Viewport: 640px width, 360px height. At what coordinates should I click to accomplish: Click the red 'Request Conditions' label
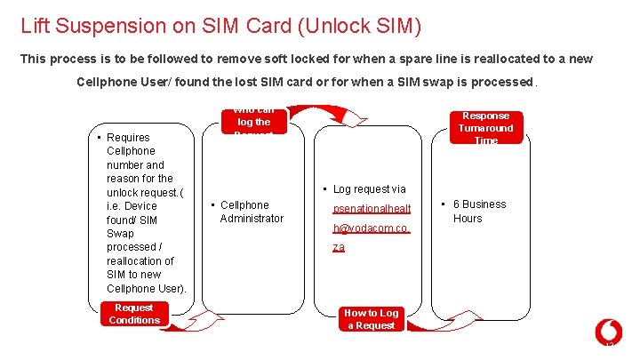pyautogui.click(x=134, y=314)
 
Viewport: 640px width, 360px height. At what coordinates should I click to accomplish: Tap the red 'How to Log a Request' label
pyautogui.click(x=371, y=319)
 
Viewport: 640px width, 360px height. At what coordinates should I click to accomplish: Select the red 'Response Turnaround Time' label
pyautogui.click(x=485, y=128)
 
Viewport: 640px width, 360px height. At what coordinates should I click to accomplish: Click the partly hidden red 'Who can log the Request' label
pyautogui.click(x=253, y=120)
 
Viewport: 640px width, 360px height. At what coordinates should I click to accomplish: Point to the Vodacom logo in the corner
pyautogui.click(x=608, y=332)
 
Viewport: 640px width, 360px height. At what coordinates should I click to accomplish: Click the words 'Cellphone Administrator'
pyautogui.click(x=252, y=212)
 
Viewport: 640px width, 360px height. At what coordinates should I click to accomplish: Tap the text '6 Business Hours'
pyautogui.click(x=479, y=211)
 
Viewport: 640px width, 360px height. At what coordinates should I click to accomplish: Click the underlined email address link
pyautogui.click(x=371, y=228)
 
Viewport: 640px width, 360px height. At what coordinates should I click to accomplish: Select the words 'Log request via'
pyautogui.click(x=369, y=188)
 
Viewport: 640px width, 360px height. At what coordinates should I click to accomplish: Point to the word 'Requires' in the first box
pyautogui.click(x=128, y=137)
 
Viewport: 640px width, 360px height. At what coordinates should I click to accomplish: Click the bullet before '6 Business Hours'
pyautogui.click(x=444, y=204)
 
